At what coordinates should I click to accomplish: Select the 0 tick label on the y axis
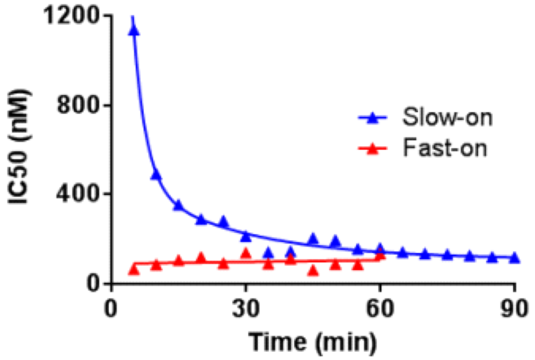[93, 283]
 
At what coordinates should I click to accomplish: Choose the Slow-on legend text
[447, 117]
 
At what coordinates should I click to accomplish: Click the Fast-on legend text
[445, 148]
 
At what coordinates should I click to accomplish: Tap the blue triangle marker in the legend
[373, 118]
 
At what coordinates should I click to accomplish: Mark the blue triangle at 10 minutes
[156, 175]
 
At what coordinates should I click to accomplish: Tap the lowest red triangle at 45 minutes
[313, 271]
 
